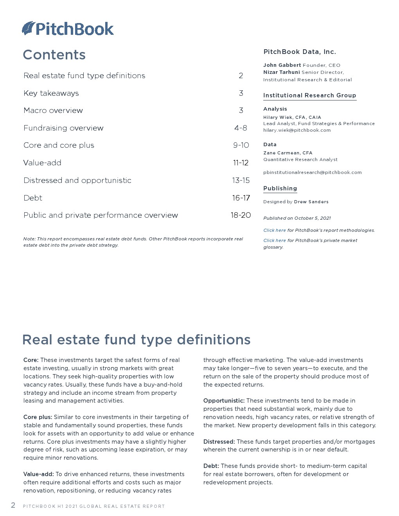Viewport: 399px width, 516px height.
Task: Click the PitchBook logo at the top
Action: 68,29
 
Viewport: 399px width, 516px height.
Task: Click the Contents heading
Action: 54,55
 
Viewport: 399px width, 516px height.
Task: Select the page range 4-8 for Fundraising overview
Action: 241,128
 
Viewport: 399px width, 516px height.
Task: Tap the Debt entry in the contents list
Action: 33,198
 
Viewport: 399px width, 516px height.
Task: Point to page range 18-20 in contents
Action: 241,215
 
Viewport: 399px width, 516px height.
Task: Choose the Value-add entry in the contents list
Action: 42,163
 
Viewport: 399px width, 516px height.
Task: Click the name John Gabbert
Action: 282,65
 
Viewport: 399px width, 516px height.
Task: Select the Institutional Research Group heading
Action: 309,95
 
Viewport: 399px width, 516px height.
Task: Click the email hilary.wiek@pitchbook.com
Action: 297,130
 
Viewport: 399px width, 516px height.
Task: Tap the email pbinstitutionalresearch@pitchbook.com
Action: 312,172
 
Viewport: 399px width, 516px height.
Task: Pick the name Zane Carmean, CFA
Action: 288,153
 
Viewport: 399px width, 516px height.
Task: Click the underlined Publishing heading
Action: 280,188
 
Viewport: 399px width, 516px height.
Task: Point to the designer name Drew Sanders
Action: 311,202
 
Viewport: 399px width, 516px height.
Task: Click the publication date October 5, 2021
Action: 313,218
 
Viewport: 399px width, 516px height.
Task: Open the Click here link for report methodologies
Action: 274,230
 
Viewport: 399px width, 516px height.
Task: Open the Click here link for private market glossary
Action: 274,240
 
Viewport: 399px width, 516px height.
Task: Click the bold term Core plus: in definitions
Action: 38,417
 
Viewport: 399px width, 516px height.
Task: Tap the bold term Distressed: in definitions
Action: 219,442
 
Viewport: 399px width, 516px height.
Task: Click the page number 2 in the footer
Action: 13,505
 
